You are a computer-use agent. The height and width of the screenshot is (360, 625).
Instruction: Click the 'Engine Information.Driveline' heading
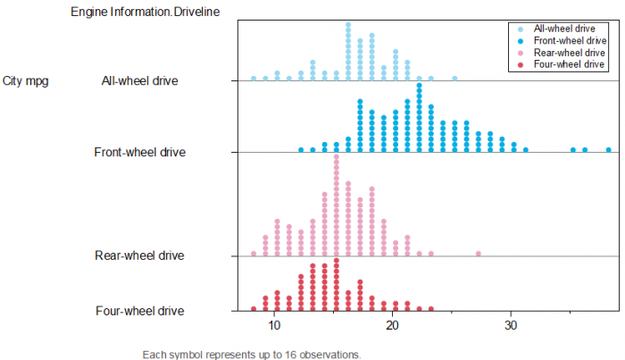point(146,12)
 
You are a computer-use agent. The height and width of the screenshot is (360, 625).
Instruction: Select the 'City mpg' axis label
point(26,81)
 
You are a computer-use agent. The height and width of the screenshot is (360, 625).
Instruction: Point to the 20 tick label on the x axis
point(392,326)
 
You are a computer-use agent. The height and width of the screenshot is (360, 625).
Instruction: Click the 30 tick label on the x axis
point(511,326)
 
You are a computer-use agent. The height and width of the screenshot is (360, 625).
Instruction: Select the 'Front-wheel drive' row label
point(140,152)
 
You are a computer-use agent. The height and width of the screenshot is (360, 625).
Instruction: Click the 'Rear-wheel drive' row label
point(139,256)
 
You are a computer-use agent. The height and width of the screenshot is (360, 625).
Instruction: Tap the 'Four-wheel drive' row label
point(140,311)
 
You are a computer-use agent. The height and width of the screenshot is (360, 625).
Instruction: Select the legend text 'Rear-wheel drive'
point(569,54)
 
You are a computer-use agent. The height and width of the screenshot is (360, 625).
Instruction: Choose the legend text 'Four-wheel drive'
point(569,65)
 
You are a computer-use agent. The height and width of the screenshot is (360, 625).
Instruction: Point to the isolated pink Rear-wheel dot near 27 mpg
point(479,254)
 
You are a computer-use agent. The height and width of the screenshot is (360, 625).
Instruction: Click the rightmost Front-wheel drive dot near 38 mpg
point(608,150)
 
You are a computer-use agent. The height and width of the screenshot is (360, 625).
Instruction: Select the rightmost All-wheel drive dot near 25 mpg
point(454,79)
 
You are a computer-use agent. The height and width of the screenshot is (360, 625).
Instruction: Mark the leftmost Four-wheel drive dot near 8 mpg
point(254,308)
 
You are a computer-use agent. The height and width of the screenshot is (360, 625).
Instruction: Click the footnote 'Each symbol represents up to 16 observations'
point(251,355)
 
